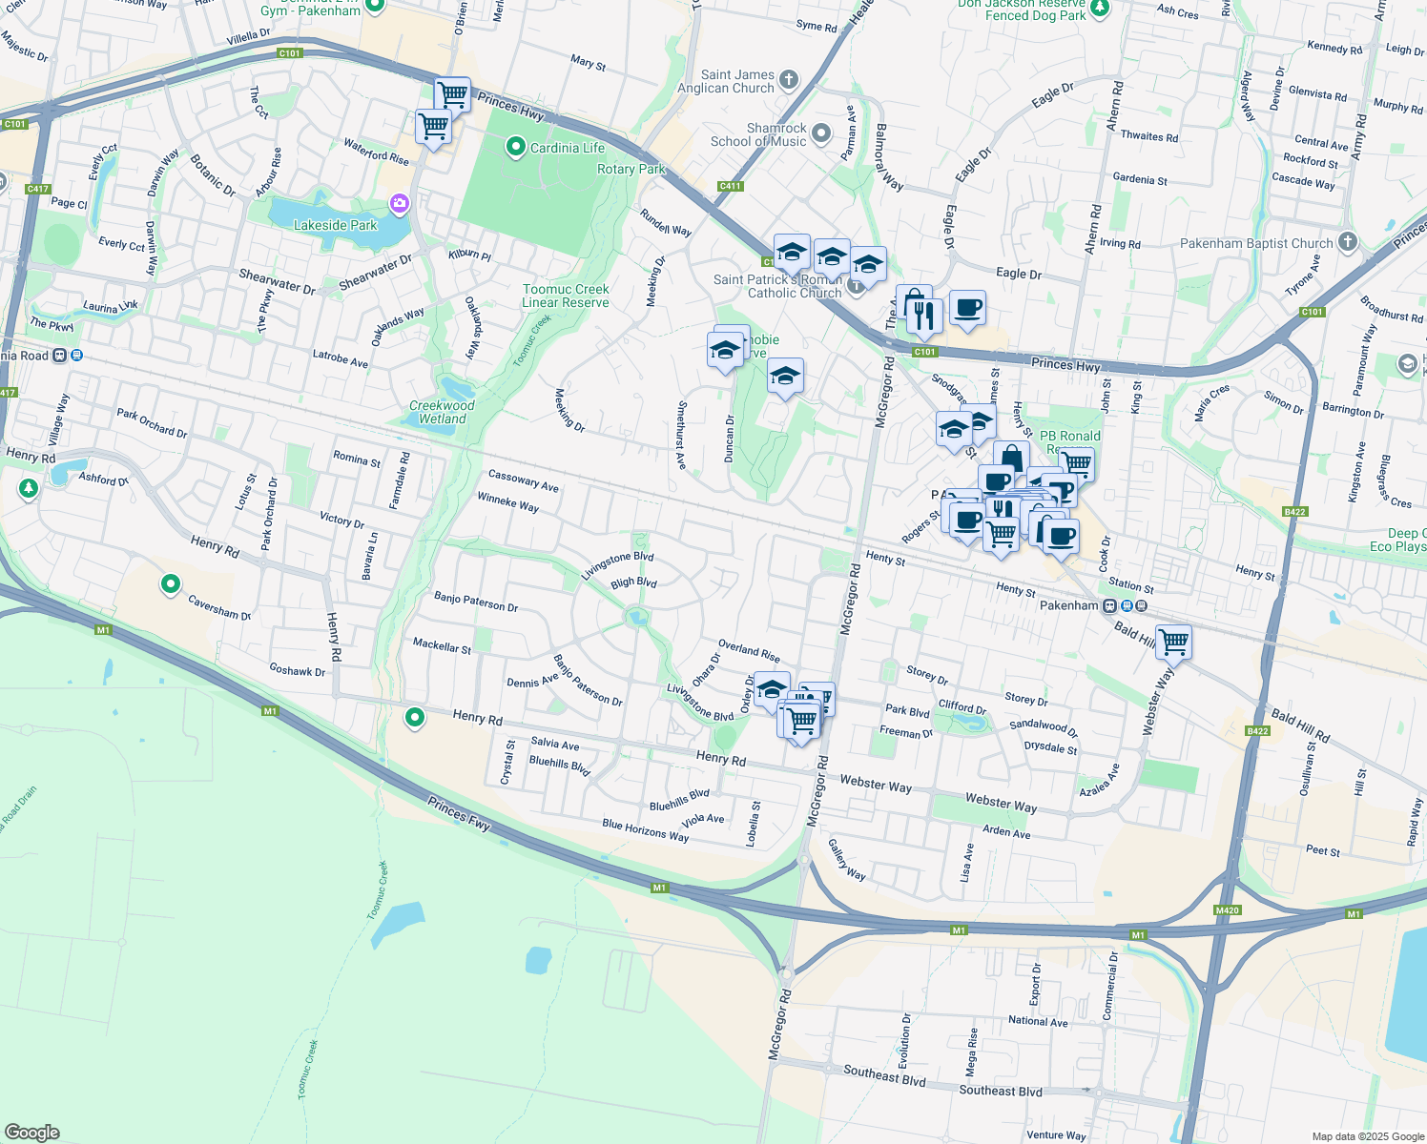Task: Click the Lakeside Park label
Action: click(x=335, y=225)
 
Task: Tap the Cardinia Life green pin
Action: click(x=516, y=147)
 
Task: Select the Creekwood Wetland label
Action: click(x=442, y=412)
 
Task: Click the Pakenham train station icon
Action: click(x=1110, y=605)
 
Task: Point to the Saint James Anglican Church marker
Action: click(x=788, y=79)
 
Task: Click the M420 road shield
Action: click(x=1227, y=910)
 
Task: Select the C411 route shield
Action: click(x=730, y=186)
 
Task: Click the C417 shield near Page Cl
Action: click(x=37, y=189)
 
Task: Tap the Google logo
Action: click(x=32, y=1132)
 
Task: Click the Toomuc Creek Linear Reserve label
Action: click(x=566, y=296)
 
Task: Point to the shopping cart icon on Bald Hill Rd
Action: click(x=1173, y=641)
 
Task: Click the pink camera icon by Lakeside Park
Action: click(x=399, y=203)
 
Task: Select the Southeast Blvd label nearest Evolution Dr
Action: click(x=884, y=1074)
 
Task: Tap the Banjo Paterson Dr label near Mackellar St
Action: click(x=476, y=601)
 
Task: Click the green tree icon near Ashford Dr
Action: click(x=29, y=489)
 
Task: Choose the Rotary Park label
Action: click(x=631, y=169)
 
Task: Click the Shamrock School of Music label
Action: click(x=758, y=134)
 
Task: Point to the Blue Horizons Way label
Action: click(x=645, y=830)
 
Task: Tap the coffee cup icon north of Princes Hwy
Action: click(x=967, y=308)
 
